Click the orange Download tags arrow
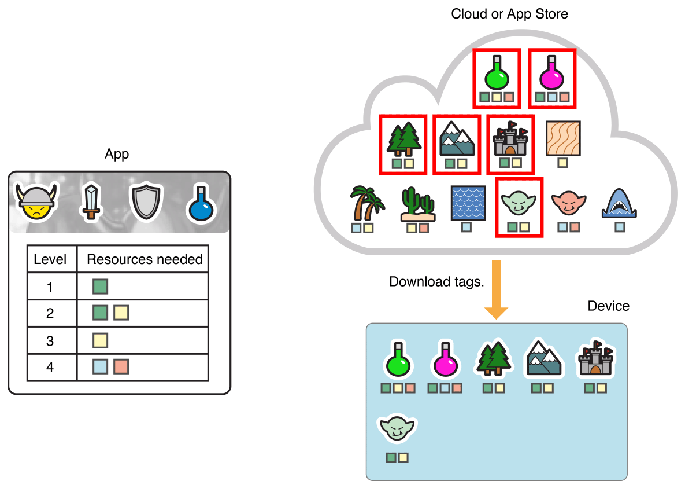tap(496, 289)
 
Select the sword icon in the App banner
tap(91, 201)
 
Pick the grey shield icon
tap(143, 202)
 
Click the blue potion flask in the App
tap(200, 203)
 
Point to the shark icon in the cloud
tap(620, 203)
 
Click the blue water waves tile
tap(467, 203)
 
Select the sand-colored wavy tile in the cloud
tap(562, 138)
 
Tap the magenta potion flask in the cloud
tap(552, 72)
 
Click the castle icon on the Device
tap(595, 360)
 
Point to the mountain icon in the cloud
tap(457, 139)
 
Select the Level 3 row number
tap(50, 340)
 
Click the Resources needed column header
tap(145, 259)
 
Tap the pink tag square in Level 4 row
tap(121, 366)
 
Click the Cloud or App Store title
tap(509, 14)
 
